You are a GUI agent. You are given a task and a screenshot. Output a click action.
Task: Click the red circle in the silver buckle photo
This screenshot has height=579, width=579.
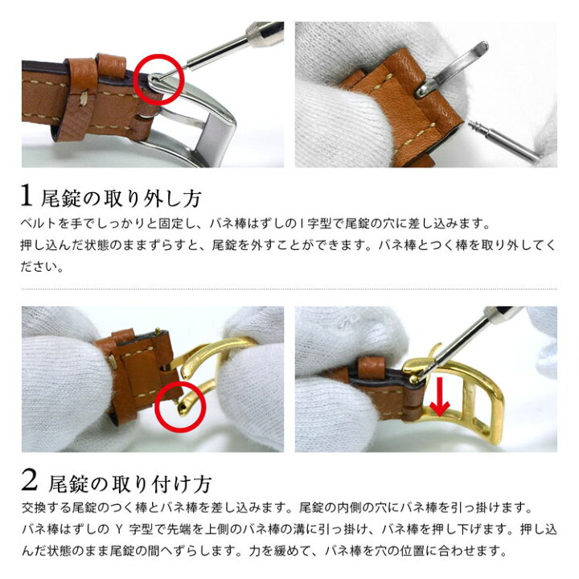(158, 78)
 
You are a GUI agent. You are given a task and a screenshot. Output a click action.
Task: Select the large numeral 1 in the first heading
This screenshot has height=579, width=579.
(28, 195)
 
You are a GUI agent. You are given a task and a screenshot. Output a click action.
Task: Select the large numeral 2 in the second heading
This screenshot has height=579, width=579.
(30, 482)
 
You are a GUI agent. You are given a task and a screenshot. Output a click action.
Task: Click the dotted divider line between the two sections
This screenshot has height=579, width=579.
(289, 289)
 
